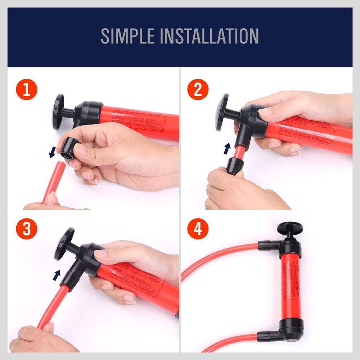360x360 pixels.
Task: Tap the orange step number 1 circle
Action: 26,90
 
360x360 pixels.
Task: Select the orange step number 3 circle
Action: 26,229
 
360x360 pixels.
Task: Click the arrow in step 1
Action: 53,153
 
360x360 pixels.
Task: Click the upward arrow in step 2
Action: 227,148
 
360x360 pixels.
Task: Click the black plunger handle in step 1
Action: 58,112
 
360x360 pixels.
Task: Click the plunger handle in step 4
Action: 290,229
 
